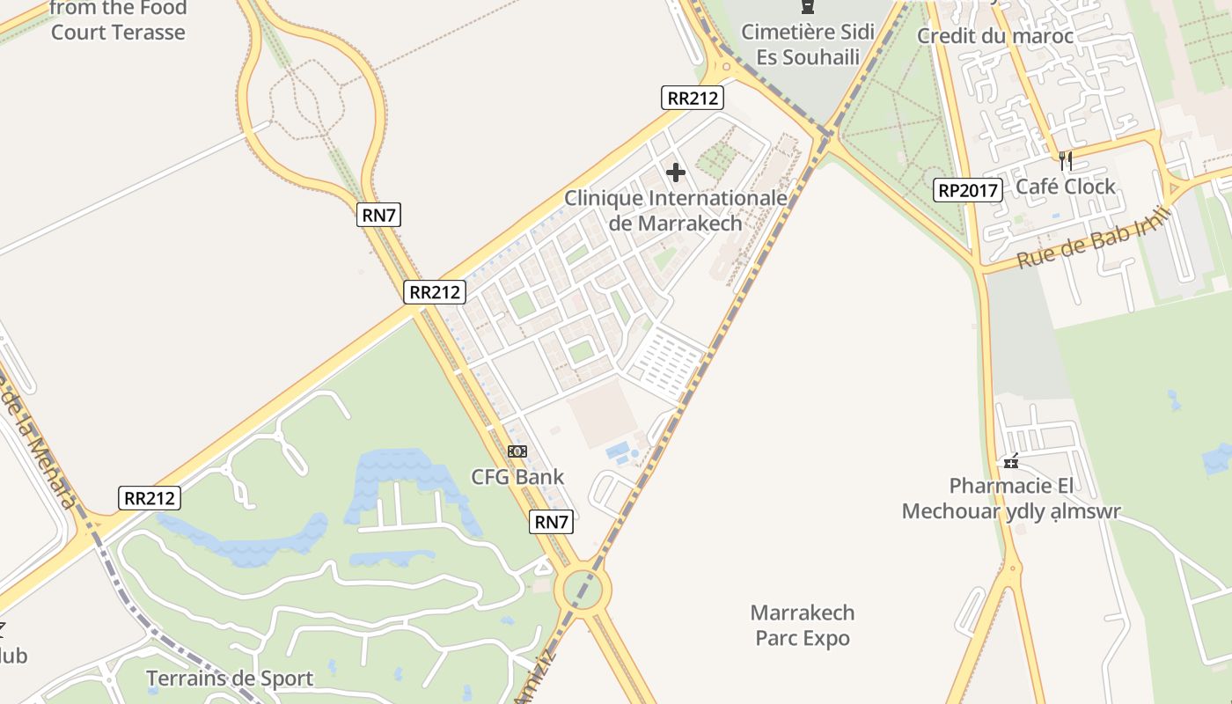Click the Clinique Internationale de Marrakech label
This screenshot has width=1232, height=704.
675,210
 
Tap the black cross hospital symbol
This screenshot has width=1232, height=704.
676,172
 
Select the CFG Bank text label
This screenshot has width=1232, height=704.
517,477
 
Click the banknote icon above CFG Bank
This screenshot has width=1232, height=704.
517,451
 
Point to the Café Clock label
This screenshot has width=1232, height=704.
1065,187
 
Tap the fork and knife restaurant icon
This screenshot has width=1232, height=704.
1066,160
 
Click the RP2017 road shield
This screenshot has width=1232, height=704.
968,189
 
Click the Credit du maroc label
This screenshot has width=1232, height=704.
994,36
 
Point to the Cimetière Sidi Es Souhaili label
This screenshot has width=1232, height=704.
807,45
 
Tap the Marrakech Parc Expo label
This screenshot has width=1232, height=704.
803,625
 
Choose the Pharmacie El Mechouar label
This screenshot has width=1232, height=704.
1011,499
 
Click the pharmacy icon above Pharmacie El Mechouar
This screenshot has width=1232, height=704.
1011,461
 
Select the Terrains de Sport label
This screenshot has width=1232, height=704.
229,678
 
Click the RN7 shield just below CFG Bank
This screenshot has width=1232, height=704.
552,522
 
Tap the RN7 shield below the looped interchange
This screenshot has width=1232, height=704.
378,215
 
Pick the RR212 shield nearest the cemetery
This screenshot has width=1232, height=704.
693,98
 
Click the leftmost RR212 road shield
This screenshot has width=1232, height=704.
150,498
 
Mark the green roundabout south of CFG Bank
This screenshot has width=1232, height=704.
583,590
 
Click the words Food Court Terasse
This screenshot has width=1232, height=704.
118,21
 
